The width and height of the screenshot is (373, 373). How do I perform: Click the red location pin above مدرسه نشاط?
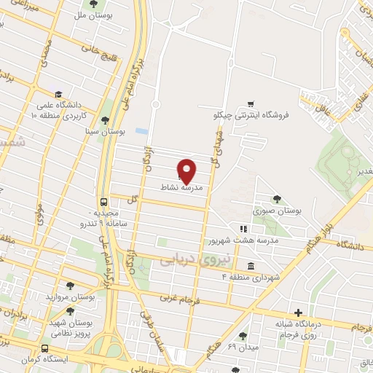(x=187, y=170)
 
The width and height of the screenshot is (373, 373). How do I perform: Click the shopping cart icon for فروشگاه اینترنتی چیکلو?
(x=251, y=104)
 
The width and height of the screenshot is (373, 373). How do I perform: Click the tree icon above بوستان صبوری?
(x=276, y=199)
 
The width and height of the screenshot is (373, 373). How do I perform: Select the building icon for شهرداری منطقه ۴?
(x=251, y=265)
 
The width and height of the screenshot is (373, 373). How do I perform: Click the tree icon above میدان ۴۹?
(x=243, y=336)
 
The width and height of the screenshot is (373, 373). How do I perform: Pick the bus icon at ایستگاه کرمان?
(x=45, y=349)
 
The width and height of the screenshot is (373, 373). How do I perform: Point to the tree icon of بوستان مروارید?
(x=69, y=286)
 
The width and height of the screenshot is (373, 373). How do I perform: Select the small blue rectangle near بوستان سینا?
(x=141, y=132)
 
